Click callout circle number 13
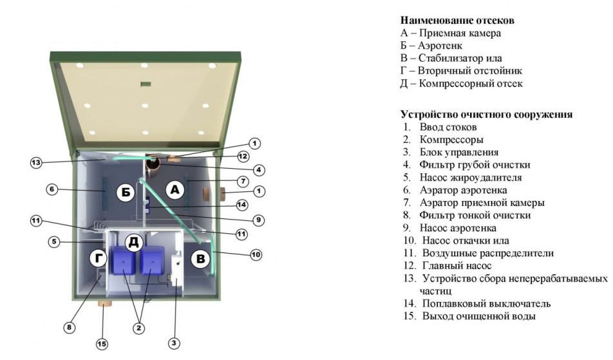click(x=35, y=162)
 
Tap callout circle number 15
click(x=102, y=345)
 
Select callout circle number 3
click(x=174, y=343)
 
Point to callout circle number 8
click(x=70, y=327)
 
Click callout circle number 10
click(x=256, y=255)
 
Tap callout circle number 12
click(x=243, y=156)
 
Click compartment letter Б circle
click(x=126, y=191)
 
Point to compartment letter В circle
click(x=201, y=259)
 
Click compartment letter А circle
click(x=174, y=189)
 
